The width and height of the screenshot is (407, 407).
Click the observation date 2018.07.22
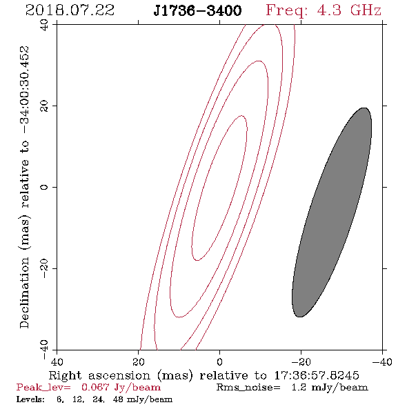point(70,10)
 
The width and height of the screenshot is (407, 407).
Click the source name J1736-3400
point(197,10)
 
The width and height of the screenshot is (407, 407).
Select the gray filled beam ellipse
point(332,212)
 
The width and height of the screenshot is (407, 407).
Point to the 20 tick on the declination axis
point(44,106)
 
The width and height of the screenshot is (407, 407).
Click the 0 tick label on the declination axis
point(44,187)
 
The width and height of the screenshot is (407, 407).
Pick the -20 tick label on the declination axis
point(44,268)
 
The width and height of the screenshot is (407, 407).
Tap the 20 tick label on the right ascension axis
point(139,362)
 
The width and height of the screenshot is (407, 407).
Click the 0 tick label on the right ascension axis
point(219,362)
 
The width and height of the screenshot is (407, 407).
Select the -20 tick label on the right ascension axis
point(301,362)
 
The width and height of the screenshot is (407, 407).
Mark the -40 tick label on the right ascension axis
point(382,362)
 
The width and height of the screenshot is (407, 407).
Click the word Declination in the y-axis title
point(24,293)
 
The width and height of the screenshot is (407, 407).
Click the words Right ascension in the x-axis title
point(99,375)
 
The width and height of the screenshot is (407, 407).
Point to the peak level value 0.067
point(95,388)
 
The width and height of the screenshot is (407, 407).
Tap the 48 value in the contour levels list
point(118,399)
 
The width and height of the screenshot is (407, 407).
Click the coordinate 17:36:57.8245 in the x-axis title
point(317,375)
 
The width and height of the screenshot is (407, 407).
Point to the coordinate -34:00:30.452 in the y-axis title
point(24,90)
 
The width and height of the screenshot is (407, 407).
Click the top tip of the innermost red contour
point(241,115)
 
